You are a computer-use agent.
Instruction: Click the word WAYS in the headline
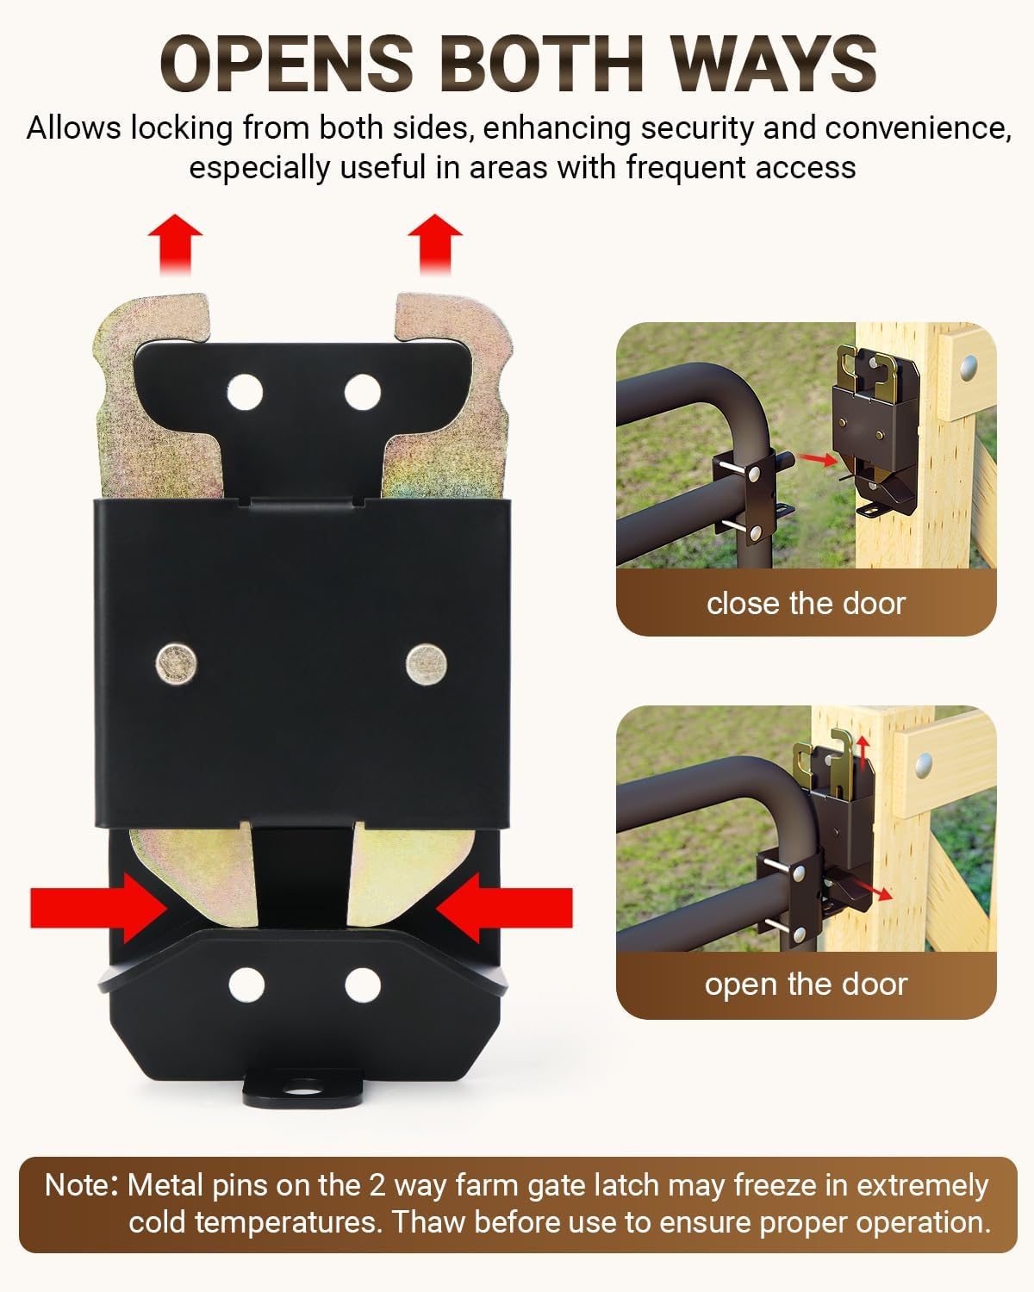[x=773, y=65]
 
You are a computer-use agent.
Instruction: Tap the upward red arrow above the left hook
[x=175, y=243]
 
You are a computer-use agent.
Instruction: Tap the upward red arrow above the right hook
[x=435, y=243]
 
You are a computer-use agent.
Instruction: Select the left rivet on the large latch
[x=177, y=664]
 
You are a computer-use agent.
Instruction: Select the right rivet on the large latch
[x=426, y=664]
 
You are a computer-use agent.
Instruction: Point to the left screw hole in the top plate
[x=246, y=392]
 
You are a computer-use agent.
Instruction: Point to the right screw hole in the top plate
[x=362, y=392]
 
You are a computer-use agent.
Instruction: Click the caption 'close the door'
[x=806, y=603]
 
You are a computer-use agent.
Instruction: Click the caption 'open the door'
[x=806, y=984]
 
